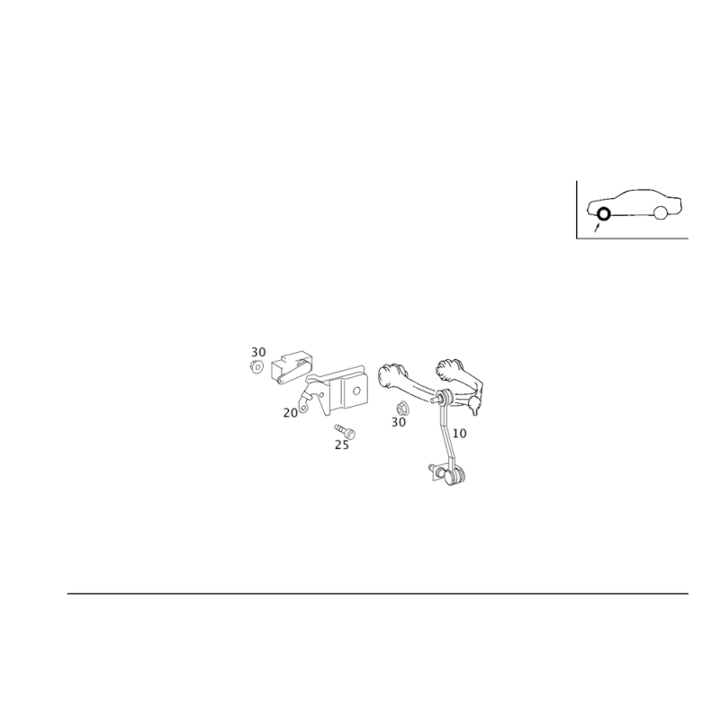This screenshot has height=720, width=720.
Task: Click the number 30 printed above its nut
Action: pos(259,349)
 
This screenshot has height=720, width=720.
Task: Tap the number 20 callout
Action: pos(290,411)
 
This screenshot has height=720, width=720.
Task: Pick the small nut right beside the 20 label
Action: pos(306,406)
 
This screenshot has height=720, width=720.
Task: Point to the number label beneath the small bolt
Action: pos(341,445)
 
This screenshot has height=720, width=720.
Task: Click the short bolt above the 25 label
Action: pos(343,430)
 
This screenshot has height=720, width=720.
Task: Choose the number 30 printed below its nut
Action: pos(399,421)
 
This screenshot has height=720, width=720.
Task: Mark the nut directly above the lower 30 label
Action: pos(400,406)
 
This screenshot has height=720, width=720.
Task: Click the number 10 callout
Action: pos(459,433)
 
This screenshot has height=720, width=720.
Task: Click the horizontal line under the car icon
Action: pos(633,240)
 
